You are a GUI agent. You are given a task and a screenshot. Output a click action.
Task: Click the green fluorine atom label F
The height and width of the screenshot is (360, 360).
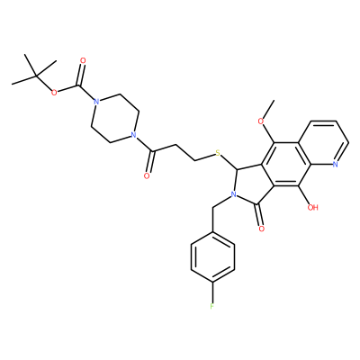coord(212,306)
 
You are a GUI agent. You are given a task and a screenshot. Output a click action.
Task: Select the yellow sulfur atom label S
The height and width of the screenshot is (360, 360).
coord(218,154)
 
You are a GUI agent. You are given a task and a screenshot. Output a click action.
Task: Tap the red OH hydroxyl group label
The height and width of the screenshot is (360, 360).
coord(312,207)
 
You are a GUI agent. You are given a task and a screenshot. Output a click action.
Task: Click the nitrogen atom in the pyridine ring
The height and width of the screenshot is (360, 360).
coord(335,164)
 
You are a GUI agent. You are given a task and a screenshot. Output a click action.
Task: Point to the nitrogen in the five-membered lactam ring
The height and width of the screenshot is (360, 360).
coord(233,195)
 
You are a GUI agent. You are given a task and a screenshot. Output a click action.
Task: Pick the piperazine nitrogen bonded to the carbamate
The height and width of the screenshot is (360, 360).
coord(95,102)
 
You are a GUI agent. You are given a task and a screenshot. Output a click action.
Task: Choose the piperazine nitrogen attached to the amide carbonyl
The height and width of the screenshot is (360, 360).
coord(134,135)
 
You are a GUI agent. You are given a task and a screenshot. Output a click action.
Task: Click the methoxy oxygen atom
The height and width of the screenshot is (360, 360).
coord(261,121)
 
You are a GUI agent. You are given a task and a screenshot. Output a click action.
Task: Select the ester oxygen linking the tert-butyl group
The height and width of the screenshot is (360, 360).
coord(54,93)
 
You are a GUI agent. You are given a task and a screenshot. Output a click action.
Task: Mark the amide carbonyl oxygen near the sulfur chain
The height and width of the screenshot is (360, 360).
coord(147,175)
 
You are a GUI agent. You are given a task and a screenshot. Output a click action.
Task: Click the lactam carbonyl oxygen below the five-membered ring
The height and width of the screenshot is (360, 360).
coord(261,229)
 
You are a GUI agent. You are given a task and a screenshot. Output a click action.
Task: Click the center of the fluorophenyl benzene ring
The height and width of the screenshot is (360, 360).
coord(212,257)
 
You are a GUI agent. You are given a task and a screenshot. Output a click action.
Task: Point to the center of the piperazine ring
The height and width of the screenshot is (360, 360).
coord(115,118)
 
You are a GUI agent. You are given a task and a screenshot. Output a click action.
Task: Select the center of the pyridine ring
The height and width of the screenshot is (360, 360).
coord(324,143)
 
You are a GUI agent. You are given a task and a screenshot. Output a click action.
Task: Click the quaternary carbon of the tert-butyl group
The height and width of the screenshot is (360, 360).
coord(36,76)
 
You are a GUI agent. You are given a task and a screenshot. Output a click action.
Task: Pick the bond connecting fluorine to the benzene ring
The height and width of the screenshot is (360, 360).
coord(212,292)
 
